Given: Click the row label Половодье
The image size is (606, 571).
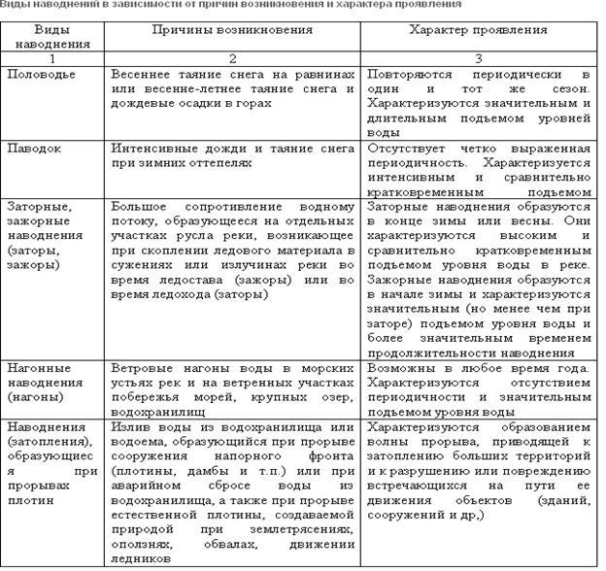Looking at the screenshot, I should coord(40,74).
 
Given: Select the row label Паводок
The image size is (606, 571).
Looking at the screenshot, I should coord(34,149).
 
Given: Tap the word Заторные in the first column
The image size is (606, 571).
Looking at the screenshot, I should coord(36,207).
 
